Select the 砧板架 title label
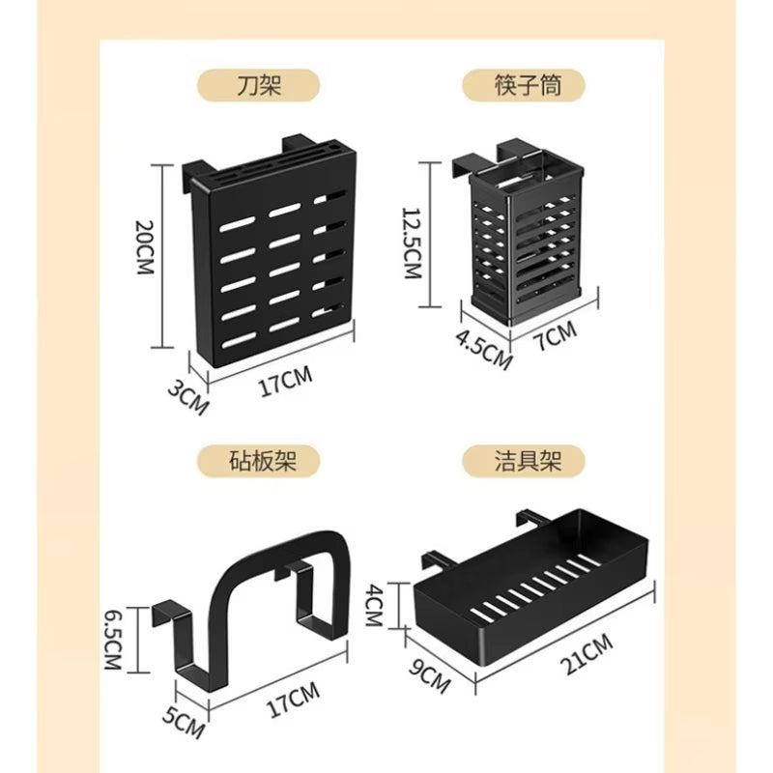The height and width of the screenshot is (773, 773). pos(259,461)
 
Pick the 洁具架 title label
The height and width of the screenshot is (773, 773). pos(525,461)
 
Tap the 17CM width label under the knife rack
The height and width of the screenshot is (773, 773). pos(284,386)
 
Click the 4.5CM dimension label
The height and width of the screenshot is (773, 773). pos(483,351)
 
